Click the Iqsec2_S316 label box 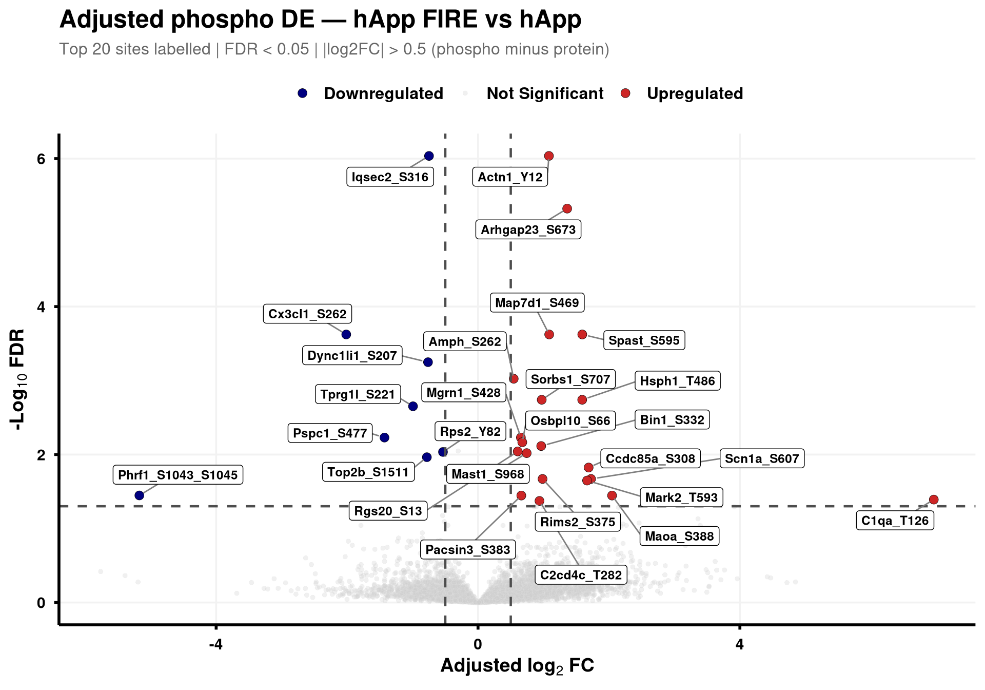(390, 177)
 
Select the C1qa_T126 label (895, 521)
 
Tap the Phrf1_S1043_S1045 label (178, 475)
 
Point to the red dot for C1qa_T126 (934, 500)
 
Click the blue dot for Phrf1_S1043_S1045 (139, 495)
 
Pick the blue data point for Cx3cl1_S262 (346, 335)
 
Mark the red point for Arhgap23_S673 (567, 208)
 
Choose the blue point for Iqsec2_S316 (429, 156)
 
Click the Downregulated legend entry (370, 93)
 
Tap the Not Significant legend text (545, 93)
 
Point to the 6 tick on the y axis (41, 159)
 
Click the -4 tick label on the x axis (215, 644)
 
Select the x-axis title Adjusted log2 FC (517, 666)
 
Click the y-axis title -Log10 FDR (18, 380)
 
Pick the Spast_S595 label (644, 340)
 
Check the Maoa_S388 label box (679, 536)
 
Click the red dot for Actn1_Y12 (549, 156)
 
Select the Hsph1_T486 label (677, 381)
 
